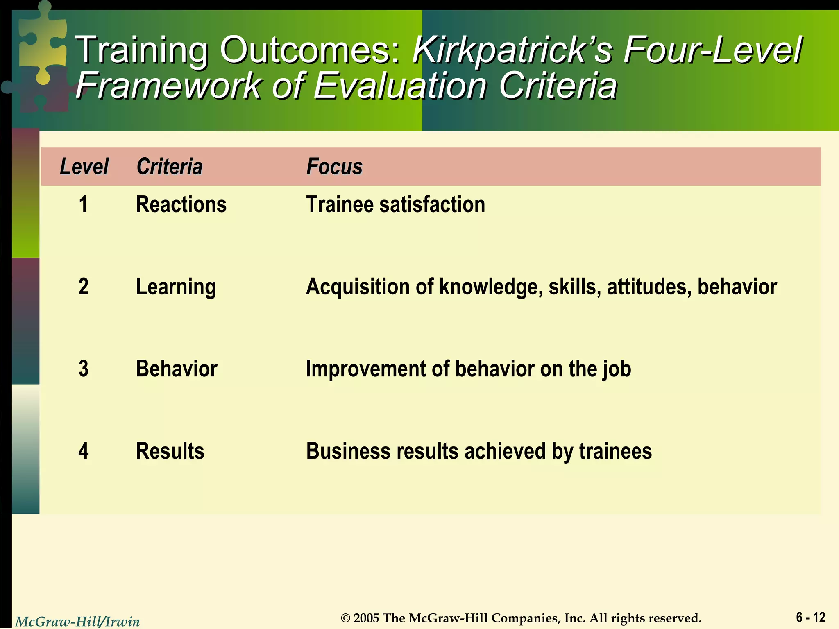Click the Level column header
tap(84, 167)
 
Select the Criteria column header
tap(169, 167)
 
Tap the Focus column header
tap(334, 167)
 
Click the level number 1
tap(83, 204)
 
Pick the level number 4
tap(83, 451)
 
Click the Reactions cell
tap(181, 204)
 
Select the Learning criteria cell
tap(176, 287)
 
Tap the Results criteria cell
tap(170, 451)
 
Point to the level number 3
tap(83, 369)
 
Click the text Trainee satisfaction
tap(395, 204)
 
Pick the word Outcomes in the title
tap(310, 50)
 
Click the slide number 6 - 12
tap(810, 617)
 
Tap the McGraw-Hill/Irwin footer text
tap(77, 622)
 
